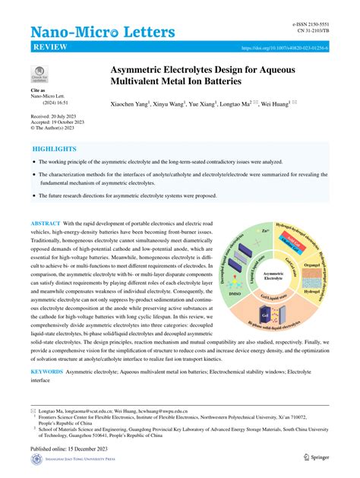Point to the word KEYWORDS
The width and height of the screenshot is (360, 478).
(x=46, y=352)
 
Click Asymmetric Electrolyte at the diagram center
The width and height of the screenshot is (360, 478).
(x=271, y=277)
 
